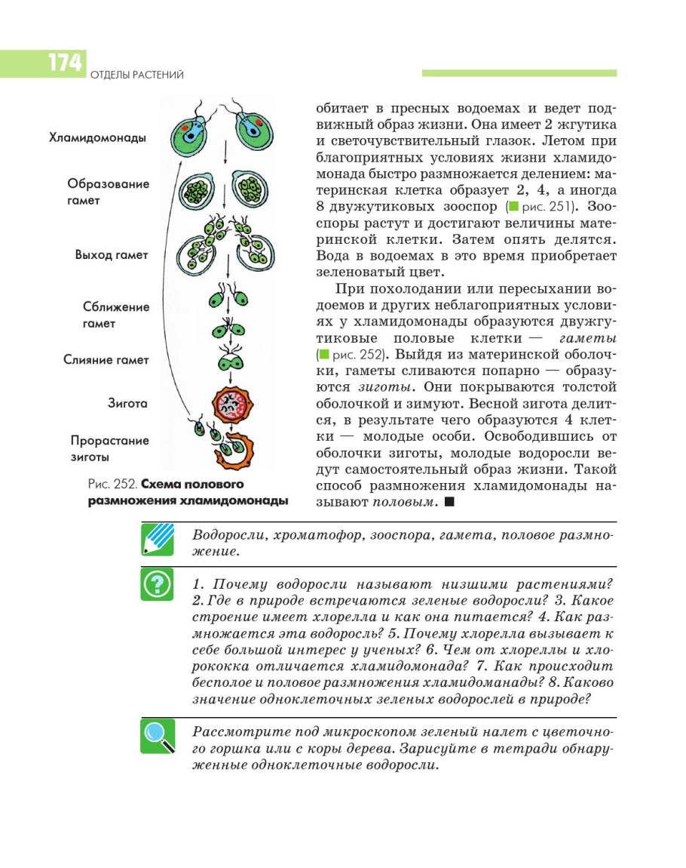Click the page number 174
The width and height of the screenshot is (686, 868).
[65, 63]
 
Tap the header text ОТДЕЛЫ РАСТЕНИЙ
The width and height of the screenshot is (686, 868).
[136, 75]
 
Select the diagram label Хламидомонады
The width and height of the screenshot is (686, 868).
[97, 138]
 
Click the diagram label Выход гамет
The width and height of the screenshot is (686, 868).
[112, 254]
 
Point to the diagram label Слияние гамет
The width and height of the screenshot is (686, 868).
[106, 360]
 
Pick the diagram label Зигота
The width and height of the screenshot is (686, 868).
[127, 403]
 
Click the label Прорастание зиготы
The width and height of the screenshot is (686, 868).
[110, 448]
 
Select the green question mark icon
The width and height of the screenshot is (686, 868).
[157, 585]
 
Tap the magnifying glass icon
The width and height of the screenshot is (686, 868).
[157, 736]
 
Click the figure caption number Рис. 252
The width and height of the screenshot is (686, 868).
[113, 485]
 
